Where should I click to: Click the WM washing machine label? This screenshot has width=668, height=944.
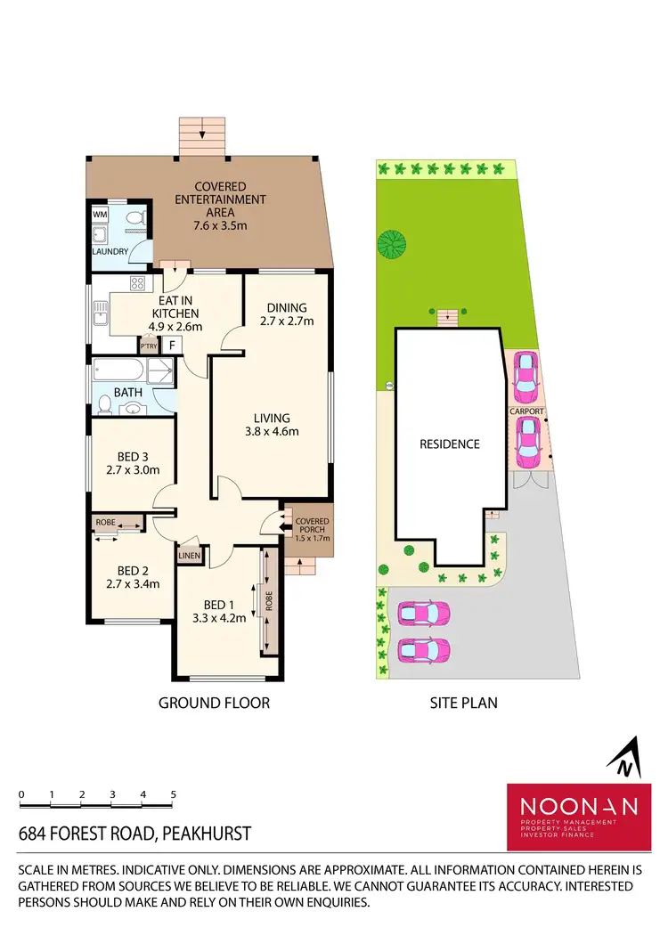coord(100,216)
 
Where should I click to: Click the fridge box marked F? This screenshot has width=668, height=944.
coord(172,344)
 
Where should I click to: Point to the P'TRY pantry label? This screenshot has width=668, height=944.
coord(147,344)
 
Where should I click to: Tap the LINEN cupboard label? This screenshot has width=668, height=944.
coord(191,556)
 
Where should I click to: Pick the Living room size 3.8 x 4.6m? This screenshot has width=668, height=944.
coord(273,432)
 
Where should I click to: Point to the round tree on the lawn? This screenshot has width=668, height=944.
coord(390,242)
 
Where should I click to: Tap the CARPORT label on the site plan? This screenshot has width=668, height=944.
coord(526,412)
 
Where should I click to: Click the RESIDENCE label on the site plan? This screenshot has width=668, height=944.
coord(450,444)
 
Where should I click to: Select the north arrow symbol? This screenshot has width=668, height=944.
coord(625,757)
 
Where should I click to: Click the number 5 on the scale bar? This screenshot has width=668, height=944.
coord(174,793)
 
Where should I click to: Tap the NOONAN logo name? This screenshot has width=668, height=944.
coord(579,806)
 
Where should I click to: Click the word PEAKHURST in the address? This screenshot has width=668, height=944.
coord(205,834)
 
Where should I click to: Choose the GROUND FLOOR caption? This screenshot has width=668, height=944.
coord(214,703)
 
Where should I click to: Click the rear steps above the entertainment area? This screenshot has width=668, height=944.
coord(202,136)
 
